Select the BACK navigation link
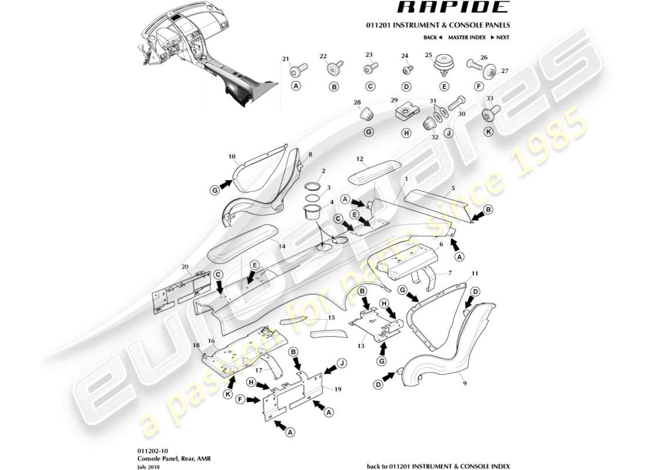pos(432,38)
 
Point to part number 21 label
pos(286,58)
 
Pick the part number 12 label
pos(360,159)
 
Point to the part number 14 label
pos(282,247)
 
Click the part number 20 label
pos(185,267)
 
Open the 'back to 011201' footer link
pos(438,466)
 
